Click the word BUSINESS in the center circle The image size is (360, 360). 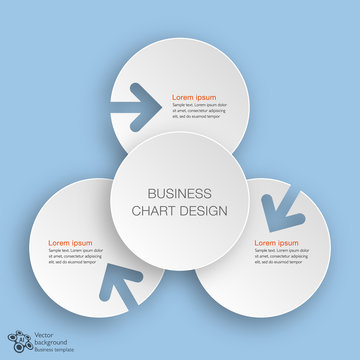[x=180, y=193]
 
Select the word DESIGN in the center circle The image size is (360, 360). [x=203, y=211]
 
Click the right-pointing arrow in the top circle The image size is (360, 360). [x=137, y=101]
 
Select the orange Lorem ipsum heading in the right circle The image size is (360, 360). [x=276, y=243]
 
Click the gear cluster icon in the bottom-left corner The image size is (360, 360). [x=21, y=341]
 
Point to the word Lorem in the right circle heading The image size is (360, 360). [x=264, y=243]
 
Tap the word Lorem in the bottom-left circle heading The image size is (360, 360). [x=59, y=243]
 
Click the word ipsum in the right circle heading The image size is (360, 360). [x=288, y=243]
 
